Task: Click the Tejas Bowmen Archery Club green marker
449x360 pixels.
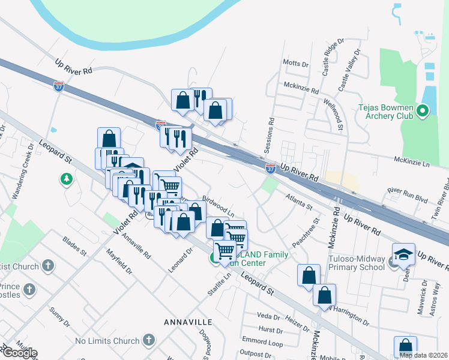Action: (421, 110)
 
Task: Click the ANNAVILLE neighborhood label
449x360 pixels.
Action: (188, 322)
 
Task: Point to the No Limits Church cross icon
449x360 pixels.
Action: (148, 341)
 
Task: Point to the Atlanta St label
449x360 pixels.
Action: (299, 201)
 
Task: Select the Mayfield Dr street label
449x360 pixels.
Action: (119, 262)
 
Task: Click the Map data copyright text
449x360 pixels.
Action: (423, 355)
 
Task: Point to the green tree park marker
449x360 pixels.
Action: (66, 179)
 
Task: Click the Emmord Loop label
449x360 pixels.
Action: (262, 343)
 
